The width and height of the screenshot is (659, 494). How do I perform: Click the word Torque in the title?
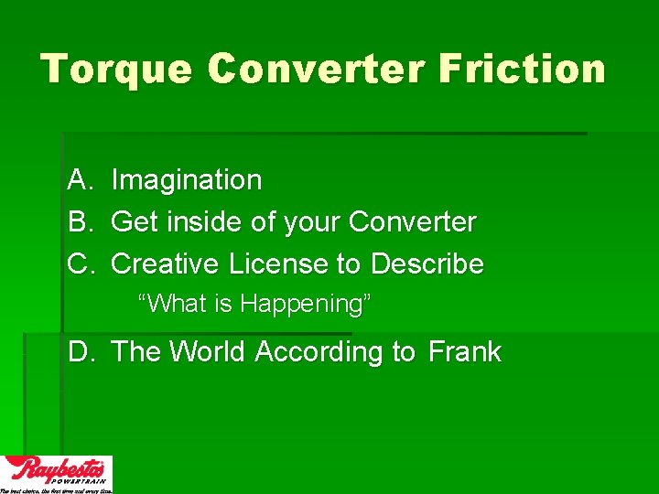(x=115, y=70)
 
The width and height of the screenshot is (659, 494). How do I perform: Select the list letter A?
(x=78, y=180)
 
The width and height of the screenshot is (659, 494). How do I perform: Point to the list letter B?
(x=78, y=222)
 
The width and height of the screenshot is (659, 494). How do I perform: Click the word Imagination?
(x=187, y=180)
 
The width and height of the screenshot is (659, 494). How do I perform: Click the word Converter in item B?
(x=413, y=222)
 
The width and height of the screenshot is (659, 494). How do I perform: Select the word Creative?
(x=166, y=264)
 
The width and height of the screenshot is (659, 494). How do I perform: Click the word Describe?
(x=427, y=264)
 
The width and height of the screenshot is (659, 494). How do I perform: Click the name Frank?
(x=465, y=352)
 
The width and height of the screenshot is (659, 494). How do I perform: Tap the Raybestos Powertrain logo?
(x=56, y=472)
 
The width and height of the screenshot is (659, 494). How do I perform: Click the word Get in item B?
(x=132, y=222)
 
